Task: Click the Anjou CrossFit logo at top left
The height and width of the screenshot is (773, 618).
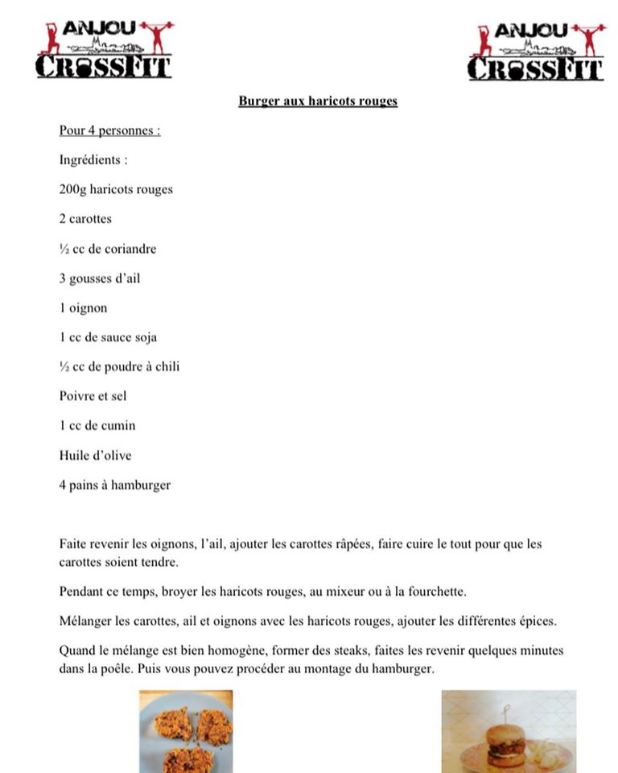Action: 104,50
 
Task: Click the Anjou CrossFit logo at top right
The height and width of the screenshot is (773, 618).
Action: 537,52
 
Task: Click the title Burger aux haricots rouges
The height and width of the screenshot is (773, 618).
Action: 318,101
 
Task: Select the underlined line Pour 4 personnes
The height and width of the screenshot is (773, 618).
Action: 109,130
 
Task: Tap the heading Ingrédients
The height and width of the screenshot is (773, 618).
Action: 93,160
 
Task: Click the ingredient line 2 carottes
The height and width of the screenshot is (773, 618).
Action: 85,219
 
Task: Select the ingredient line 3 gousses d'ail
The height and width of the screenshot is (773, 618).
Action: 100,279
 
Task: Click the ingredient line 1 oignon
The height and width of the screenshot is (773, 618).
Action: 83,308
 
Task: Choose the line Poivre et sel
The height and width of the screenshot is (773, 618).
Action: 93,396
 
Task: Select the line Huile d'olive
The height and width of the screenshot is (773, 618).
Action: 96,456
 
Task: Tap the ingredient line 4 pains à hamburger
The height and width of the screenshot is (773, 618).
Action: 115,486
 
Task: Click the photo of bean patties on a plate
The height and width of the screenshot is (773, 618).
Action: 186,731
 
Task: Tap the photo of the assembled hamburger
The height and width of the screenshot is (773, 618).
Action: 509,731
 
